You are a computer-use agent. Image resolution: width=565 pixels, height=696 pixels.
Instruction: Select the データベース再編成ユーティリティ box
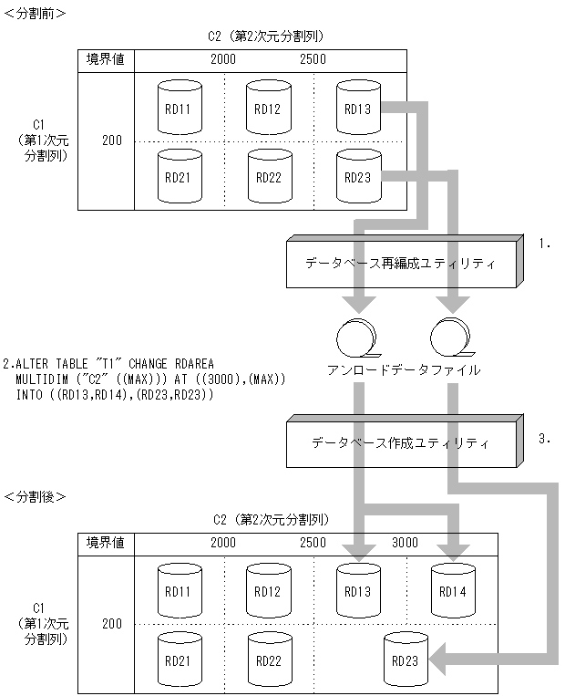(x=402, y=264)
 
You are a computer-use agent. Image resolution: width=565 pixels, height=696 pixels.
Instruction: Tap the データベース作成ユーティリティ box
(x=402, y=443)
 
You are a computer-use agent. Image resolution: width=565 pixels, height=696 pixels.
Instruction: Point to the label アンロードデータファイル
(x=404, y=371)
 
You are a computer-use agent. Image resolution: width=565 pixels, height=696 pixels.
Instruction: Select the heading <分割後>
(x=34, y=497)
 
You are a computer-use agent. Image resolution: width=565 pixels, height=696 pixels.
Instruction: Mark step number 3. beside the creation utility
(x=546, y=439)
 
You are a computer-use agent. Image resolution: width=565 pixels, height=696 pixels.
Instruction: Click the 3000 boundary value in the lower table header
(x=405, y=543)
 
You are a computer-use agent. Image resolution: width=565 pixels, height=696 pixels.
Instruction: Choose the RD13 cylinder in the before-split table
(x=357, y=109)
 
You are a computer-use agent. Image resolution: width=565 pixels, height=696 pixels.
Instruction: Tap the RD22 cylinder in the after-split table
(x=268, y=659)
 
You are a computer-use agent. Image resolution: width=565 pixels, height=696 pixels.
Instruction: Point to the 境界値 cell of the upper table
(x=105, y=59)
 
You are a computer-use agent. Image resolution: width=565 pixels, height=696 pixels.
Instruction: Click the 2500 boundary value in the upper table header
(x=313, y=59)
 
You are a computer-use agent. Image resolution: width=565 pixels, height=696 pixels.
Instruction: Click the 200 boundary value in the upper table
(x=112, y=140)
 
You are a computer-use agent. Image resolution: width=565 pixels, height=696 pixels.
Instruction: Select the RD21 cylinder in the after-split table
(x=179, y=659)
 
